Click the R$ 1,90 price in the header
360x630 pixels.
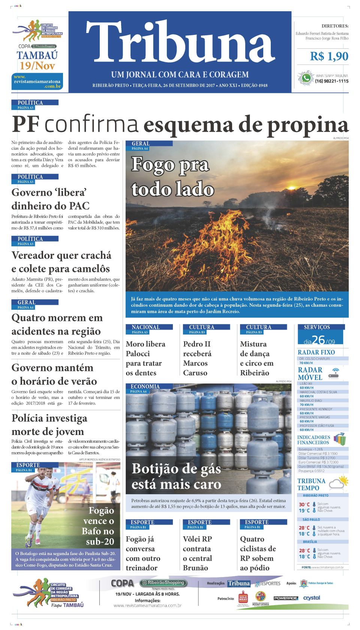tap(329, 57)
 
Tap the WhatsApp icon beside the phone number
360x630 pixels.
tap(306, 78)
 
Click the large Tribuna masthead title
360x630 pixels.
tap(180, 42)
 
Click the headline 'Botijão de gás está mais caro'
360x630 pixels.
tap(176, 476)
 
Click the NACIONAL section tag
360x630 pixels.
tap(146, 327)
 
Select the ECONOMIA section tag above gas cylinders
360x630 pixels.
tap(145, 386)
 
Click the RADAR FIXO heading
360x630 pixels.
tap(316, 352)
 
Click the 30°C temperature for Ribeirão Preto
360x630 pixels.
tap(304, 504)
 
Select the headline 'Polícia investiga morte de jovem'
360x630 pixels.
tap(49, 425)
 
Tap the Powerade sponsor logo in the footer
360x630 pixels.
tap(285, 598)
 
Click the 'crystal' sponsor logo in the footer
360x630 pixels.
tap(312, 598)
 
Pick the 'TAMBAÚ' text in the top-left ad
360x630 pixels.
tap(37, 55)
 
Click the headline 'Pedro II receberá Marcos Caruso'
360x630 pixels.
tap(197, 358)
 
